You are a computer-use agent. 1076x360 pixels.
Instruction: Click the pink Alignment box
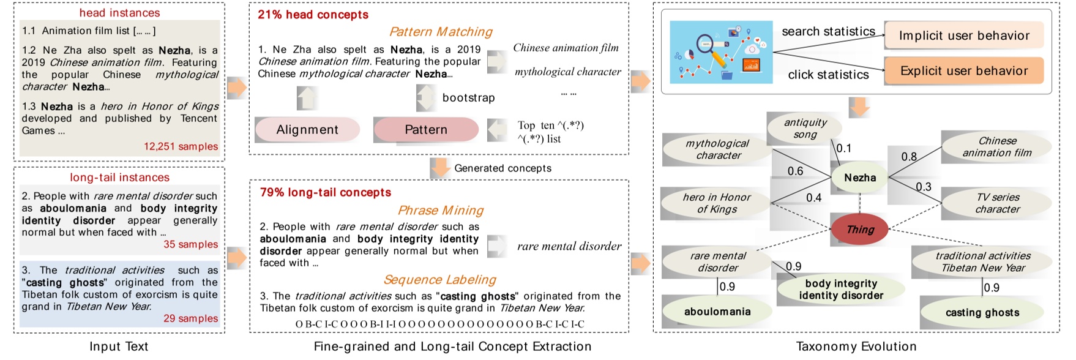coord(307,130)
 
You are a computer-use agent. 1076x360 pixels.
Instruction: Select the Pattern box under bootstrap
coord(426,130)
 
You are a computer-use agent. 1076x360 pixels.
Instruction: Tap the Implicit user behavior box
coord(964,36)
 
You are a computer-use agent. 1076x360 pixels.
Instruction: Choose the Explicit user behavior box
coord(964,71)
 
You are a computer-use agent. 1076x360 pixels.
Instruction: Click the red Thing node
coord(860,230)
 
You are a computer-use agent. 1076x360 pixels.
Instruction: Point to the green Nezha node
coord(860,178)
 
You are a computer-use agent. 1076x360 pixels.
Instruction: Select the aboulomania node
coord(717,312)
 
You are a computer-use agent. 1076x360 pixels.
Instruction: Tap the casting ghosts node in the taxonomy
coord(982,312)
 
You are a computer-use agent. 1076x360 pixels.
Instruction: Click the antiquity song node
coord(805,129)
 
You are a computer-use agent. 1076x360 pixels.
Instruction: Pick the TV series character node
coord(998,203)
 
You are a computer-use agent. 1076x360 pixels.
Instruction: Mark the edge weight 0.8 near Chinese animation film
coord(909,157)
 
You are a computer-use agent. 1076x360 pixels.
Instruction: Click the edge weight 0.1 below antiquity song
coord(844,148)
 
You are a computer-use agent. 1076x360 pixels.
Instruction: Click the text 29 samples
coord(190,318)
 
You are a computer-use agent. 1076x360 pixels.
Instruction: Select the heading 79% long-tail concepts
coord(326,192)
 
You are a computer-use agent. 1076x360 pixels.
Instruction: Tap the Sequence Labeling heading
coord(439,280)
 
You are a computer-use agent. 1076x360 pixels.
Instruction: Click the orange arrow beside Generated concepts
coord(440,168)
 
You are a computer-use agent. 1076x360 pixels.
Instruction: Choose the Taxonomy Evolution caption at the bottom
coord(856,347)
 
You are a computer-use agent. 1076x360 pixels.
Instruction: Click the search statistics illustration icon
coord(721,52)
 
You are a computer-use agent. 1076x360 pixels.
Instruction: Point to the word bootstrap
coord(468,98)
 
